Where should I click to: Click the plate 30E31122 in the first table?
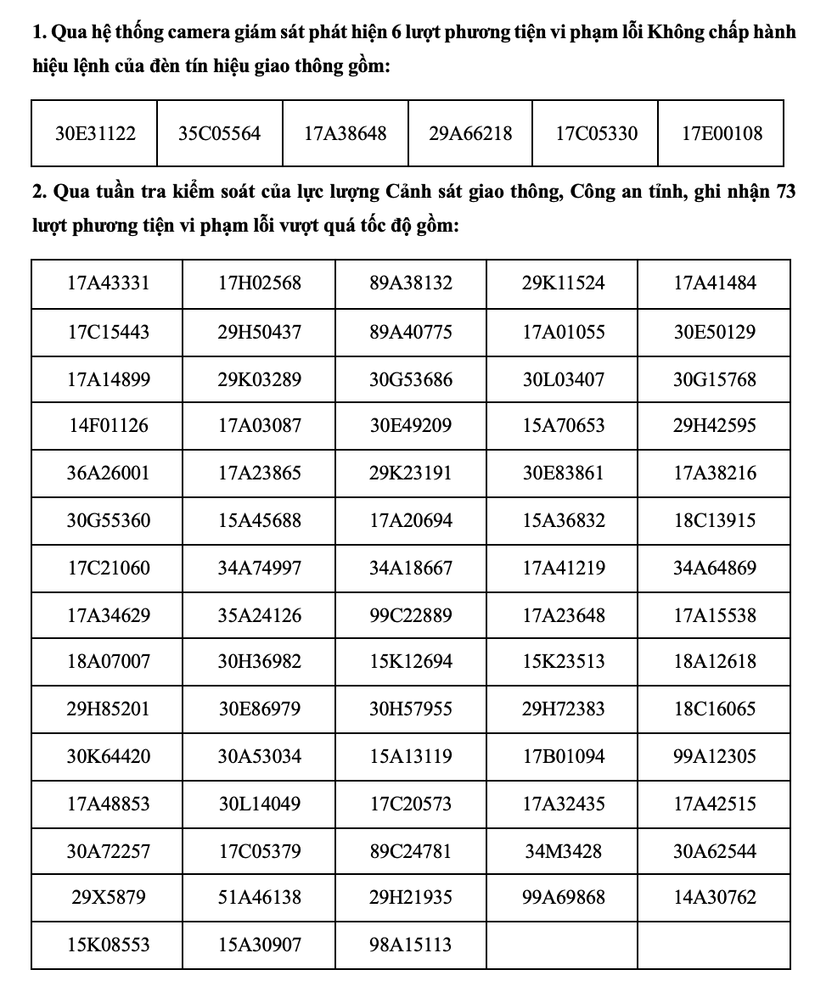pyautogui.click(x=94, y=133)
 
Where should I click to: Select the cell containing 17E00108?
pyautogui.click(x=722, y=133)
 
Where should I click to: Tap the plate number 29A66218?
pyautogui.click(x=470, y=133)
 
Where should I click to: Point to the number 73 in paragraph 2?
pyautogui.click(x=785, y=193)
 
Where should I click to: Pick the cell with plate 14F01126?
pyautogui.click(x=108, y=425)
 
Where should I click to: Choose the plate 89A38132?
pyautogui.click(x=411, y=283)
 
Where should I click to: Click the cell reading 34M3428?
pyautogui.click(x=563, y=850)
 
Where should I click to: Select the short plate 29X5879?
pyautogui.click(x=108, y=897)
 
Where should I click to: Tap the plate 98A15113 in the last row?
pyautogui.click(x=411, y=945)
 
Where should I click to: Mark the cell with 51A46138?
pyautogui.click(x=259, y=897)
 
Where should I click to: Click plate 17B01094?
pyautogui.click(x=563, y=756)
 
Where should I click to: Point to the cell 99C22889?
pyautogui.click(x=411, y=615)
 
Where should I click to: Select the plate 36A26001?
pyautogui.click(x=108, y=473)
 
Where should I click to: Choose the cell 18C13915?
pyautogui.click(x=714, y=520)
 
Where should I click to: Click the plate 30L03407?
pyautogui.click(x=563, y=379)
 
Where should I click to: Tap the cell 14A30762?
pyautogui.click(x=714, y=897)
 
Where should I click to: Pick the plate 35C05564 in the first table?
pyautogui.click(x=219, y=133)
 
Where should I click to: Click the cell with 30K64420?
pyautogui.click(x=108, y=756)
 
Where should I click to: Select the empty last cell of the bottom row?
pyautogui.click(x=714, y=945)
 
